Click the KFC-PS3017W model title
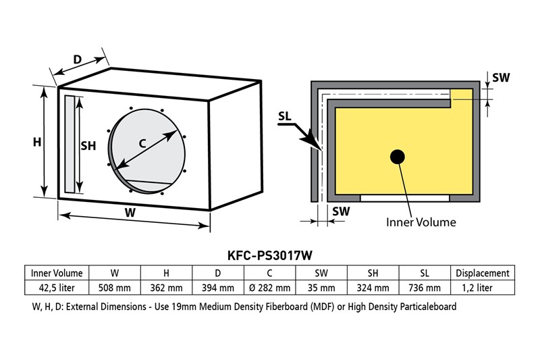pyautogui.click(x=270, y=256)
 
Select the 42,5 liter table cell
pyautogui.click(x=57, y=287)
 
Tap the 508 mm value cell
pyautogui.click(x=114, y=287)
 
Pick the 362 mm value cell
pyautogui.click(x=166, y=287)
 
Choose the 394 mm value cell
pyautogui.click(x=218, y=287)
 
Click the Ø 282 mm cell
pyautogui.click(x=269, y=287)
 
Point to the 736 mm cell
pyautogui.click(x=425, y=287)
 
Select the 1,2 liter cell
pyautogui.click(x=483, y=287)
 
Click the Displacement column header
pyautogui.click(x=483, y=273)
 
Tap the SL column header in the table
pyautogui.click(x=425, y=273)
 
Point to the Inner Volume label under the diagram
pyautogui.click(x=421, y=222)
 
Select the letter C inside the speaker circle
pyautogui.click(x=143, y=143)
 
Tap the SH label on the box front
pyautogui.click(x=89, y=145)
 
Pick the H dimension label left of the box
pyautogui.click(x=38, y=142)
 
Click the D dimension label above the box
pyautogui.click(x=78, y=59)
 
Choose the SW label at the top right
pyautogui.click(x=500, y=78)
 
